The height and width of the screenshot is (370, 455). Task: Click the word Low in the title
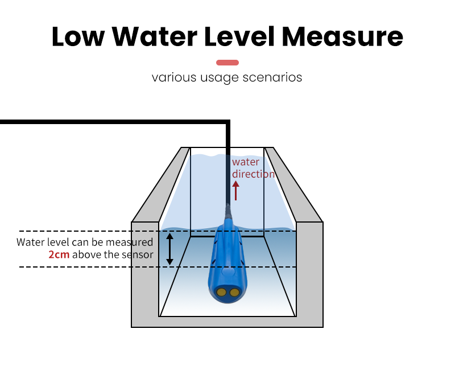pos(77,36)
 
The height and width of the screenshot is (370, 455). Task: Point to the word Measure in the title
pos(343,36)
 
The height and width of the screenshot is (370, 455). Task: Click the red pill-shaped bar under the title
pos(227,63)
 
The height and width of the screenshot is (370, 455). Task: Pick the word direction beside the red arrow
pos(253,174)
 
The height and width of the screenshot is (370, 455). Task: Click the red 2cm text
pos(59,255)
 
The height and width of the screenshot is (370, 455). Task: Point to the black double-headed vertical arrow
pos(169,249)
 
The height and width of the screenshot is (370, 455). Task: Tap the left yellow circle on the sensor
pos(221,292)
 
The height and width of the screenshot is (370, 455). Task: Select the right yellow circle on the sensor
pos(234,292)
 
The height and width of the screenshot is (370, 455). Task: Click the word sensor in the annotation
pos(138,255)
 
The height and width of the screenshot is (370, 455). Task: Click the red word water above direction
pos(246,163)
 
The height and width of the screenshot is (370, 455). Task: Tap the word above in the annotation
pos(86,255)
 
